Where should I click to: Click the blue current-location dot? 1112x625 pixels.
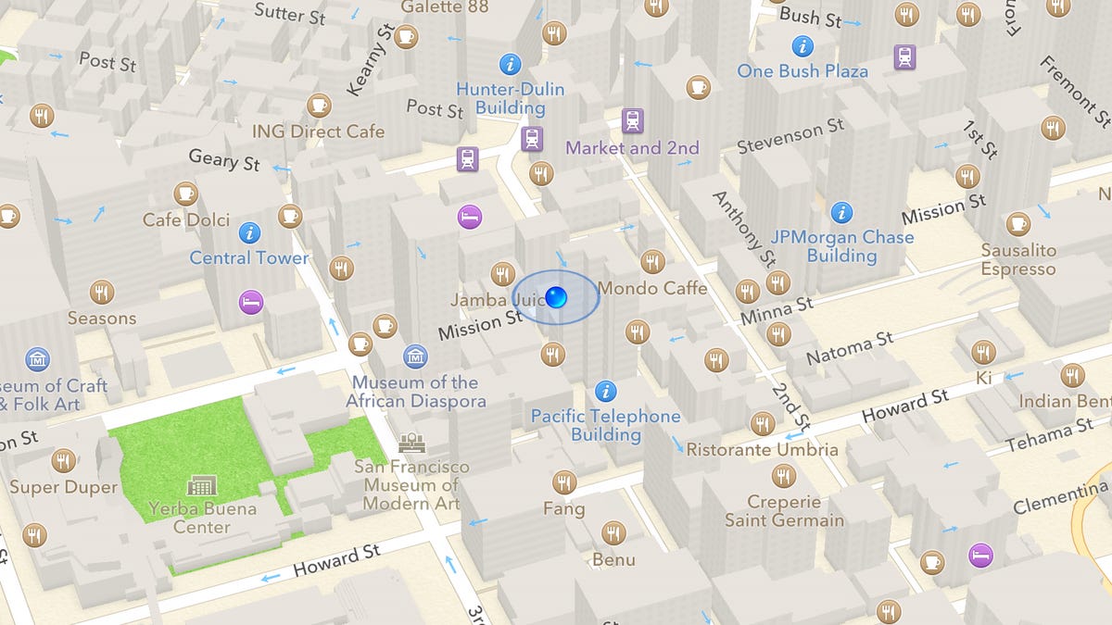click(x=556, y=297)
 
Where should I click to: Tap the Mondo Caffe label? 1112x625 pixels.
click(x=652, y=288)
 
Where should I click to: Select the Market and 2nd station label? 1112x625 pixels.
click(x=632, y=147)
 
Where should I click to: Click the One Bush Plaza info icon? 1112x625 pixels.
click(x=802, y=45)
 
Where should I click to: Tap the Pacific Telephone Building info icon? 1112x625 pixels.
click(x=606, y=391)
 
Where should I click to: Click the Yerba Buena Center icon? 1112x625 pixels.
click(x=201, y=485)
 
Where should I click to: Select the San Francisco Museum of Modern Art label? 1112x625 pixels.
click(x=411, y=485)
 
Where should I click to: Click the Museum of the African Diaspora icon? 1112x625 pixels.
click(x=416, y=356)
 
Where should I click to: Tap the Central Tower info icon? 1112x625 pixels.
click(x=249, y=232)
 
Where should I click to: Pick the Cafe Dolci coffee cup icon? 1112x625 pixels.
click(x=186, y=194)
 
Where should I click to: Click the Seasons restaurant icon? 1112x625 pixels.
click(x=102, y=293)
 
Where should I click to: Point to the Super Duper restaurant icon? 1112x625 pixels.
click(x=64, y=460)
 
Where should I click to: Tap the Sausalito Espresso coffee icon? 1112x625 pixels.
click(x=1018, y=224)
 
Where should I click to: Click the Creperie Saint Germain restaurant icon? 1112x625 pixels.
click(x=784, y=477)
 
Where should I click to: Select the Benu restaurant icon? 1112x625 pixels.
click(x=613, y=533)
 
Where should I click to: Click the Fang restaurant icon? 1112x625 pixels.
click(x=563, y=482)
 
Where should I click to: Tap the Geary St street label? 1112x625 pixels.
click(x=224, y=159)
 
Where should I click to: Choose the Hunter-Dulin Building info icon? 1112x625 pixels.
click(x=510, y=64)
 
